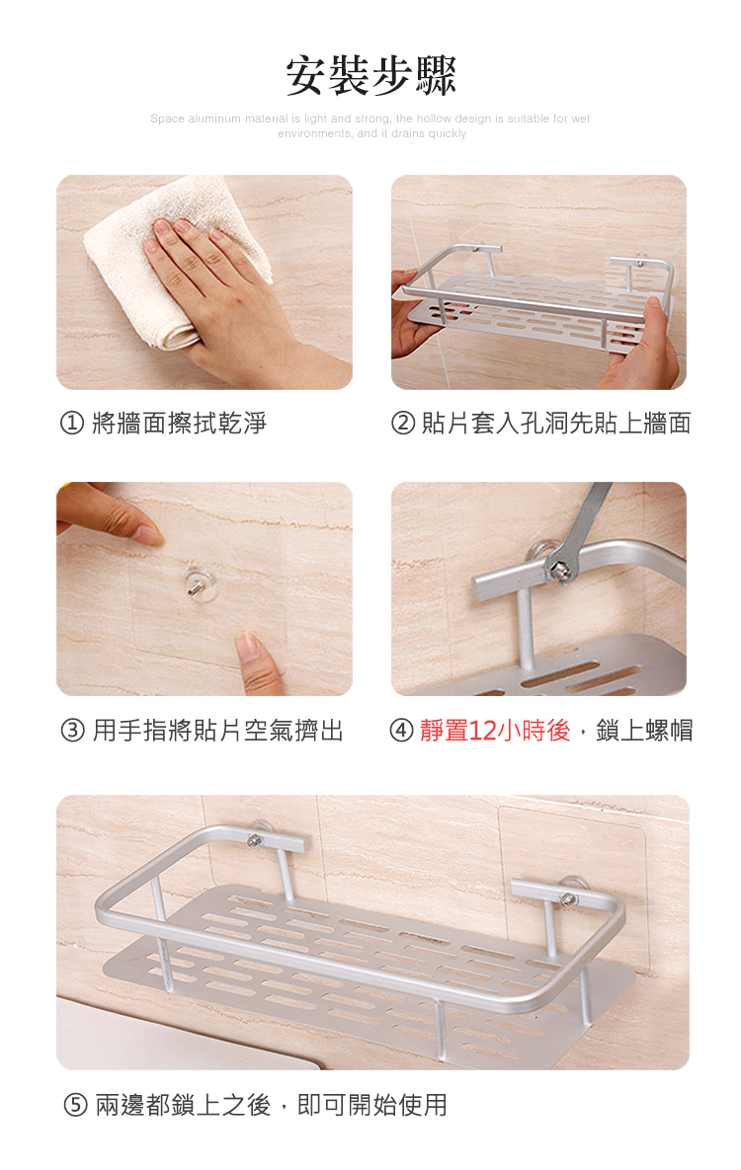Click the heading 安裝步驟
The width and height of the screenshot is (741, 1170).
pos(370,76)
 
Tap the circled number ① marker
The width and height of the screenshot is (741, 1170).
pos(72,425)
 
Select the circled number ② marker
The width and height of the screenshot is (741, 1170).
pos(403,425)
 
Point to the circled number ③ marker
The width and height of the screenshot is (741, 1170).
pos(72,732)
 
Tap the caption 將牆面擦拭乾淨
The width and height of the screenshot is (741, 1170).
pos(179,425)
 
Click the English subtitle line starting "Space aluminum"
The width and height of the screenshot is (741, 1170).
pos(370,118)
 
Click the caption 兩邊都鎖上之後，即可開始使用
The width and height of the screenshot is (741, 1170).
pos(271,1106)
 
